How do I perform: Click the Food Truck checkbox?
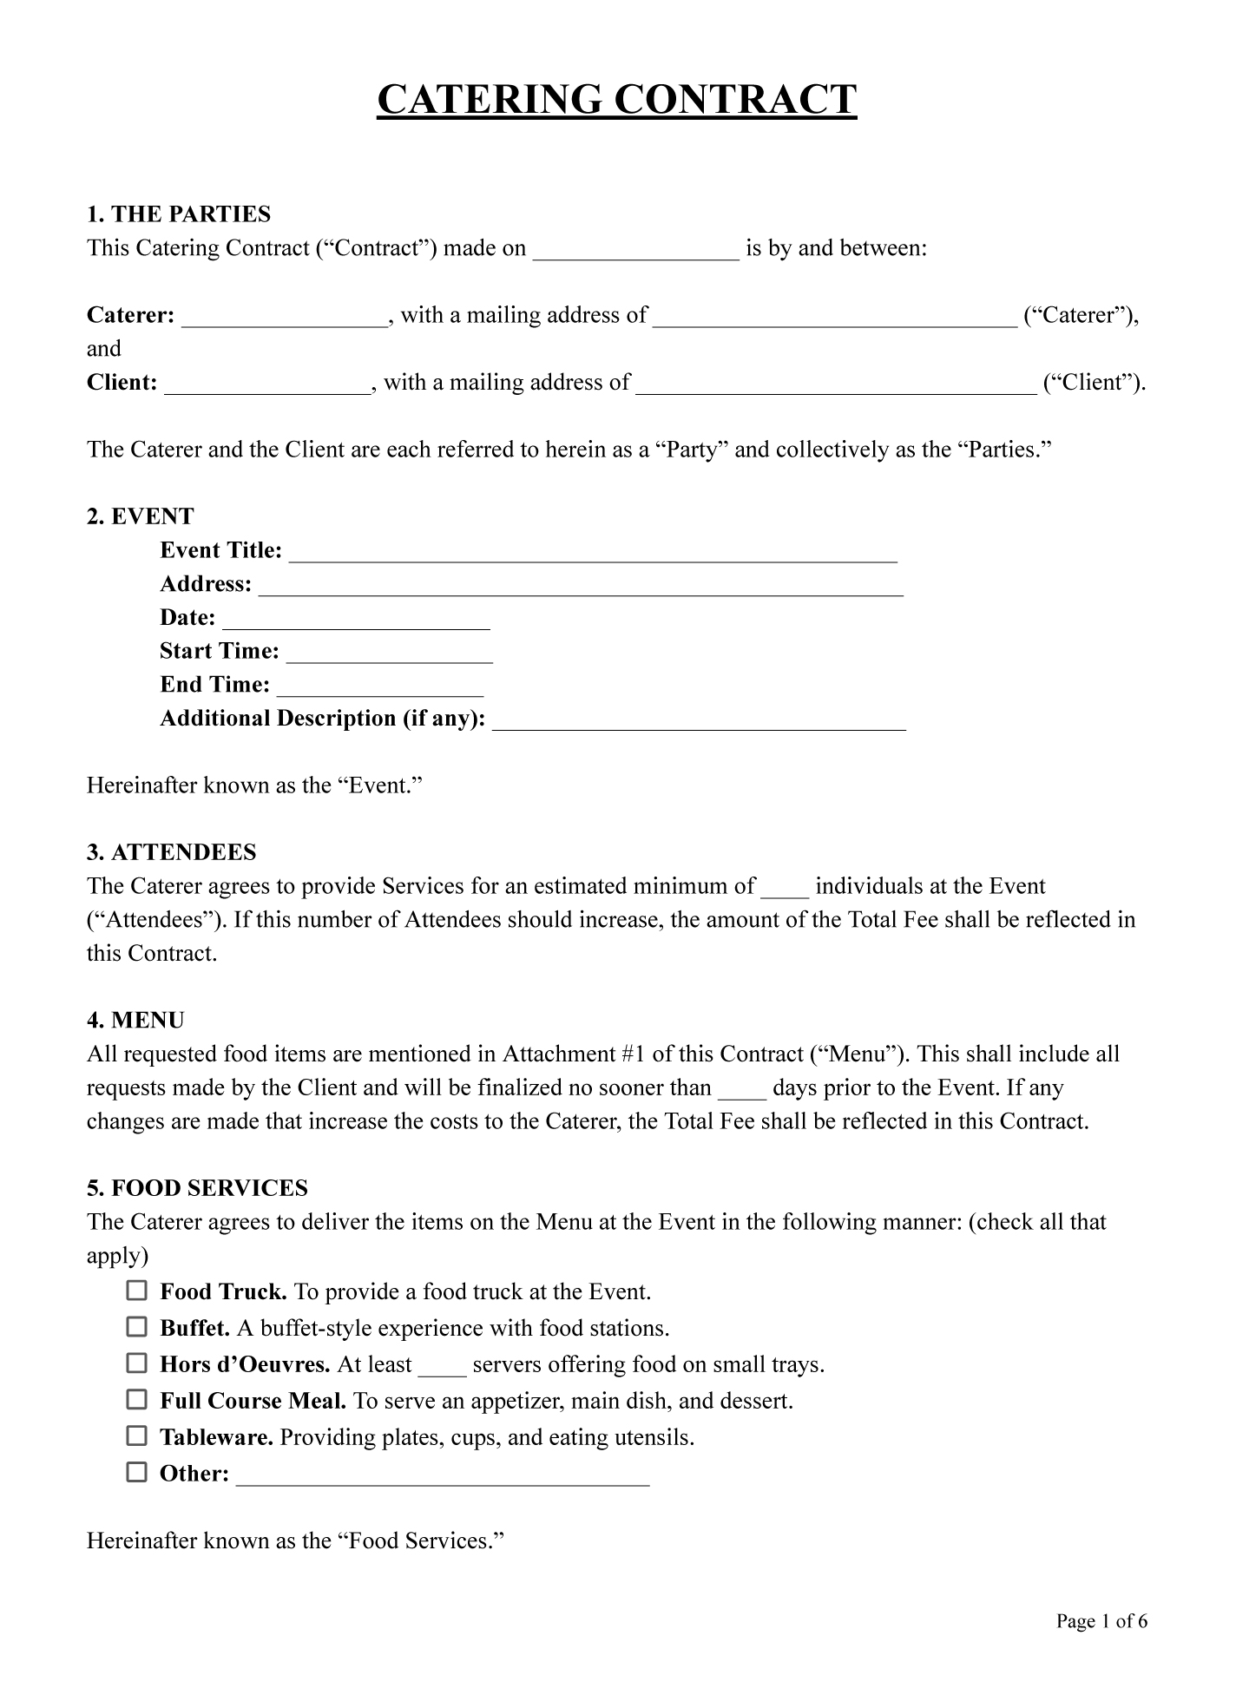[137, 1291]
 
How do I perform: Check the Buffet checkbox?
[137, 1327]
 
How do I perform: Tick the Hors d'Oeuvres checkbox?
[137, 1363]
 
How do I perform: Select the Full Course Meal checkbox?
[137, 1400]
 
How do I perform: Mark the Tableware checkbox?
[137, 1436]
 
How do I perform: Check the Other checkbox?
[137, 1473]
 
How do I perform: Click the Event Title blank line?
[593, 553]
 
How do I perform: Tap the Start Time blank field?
[390, 654]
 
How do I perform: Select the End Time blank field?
[380, 687]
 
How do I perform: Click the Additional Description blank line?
[699, 721]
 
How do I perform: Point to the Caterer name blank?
[285, 318]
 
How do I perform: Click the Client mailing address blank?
[836, 385]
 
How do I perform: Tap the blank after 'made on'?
[635, 251]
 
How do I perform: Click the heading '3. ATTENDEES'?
[172, 852]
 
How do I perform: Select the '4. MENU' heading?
[136, 1021]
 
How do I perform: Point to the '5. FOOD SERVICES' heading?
[198, 1188]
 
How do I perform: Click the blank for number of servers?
[443, 1367]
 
